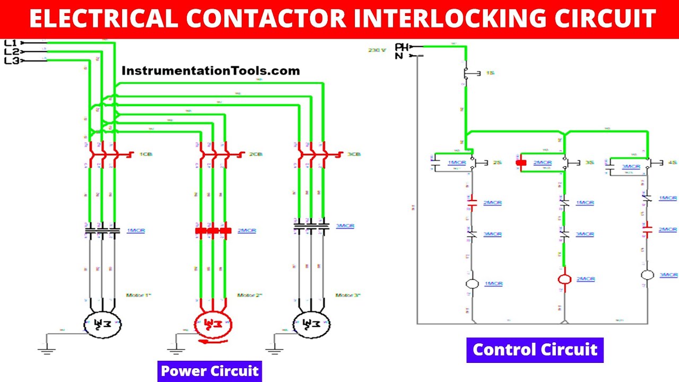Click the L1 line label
pos(11,42)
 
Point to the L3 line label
pos(11,61)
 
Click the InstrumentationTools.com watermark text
pos(210,71)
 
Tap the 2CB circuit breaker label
pos(256,154)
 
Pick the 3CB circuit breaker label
pos(354,154)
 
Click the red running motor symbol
pos(212,324)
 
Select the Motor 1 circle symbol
pos(102,324)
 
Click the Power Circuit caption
pos(210,371)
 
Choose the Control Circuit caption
pos(535,350)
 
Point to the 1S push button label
pos(490,73)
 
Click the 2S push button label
pos(497,163)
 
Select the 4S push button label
pos(672,163)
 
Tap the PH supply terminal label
pos(402,47)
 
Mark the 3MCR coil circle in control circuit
pos(647,275)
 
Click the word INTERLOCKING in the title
pos(426,19)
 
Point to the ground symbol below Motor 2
pos(176,349)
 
